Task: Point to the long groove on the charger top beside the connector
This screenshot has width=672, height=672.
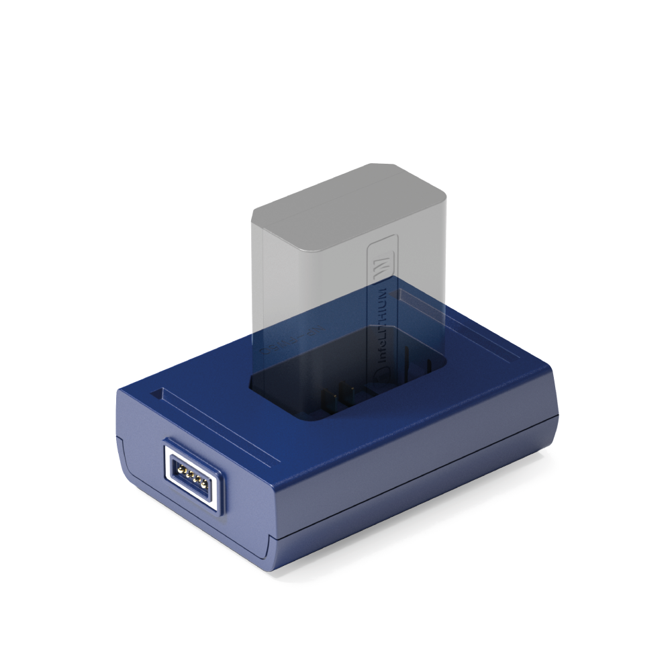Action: [x=222, y=430]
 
